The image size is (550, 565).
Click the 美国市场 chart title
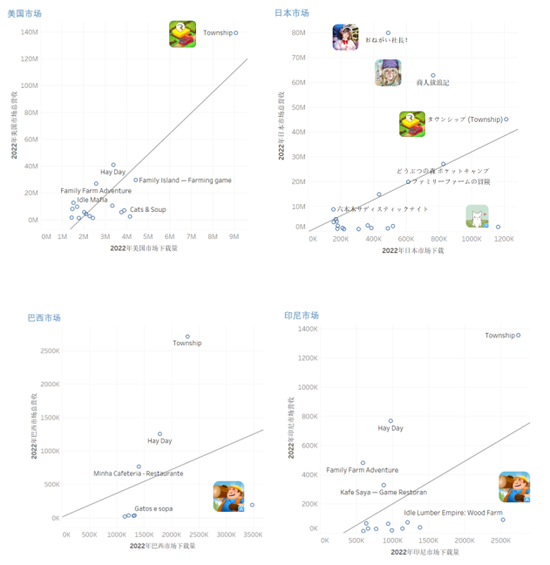click(24, 14)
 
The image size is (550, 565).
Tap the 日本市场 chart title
click(292, 13)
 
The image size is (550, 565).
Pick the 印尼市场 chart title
click(301, 315)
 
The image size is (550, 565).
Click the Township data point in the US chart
click(236, 33)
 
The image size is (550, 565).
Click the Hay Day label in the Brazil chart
click(160, 441)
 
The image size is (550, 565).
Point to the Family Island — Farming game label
click(186, 180)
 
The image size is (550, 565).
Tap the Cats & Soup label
click(147, 209)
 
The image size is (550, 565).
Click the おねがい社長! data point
click(388, 33)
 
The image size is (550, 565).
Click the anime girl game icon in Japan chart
click(345, 37)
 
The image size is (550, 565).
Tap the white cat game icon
click(477, 216)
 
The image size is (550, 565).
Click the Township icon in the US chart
click(182, 34)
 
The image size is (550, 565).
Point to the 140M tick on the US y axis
click(28, 32)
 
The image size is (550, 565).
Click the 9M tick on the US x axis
click(234, 236)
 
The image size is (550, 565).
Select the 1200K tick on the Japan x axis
click(503, 238)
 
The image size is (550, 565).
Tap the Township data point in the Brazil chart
click(187, 337)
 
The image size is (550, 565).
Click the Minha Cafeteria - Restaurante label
click(139, 473)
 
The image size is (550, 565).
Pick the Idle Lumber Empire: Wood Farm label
click(453, 513)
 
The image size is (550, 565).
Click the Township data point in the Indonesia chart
click(519, 336)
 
